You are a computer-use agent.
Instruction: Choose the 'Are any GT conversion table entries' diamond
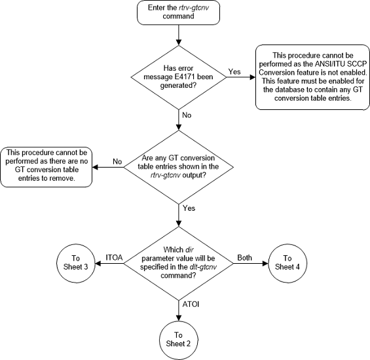(179, 168)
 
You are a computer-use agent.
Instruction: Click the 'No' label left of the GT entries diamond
(117, 160)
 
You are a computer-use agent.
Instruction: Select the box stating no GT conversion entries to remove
(46, 168)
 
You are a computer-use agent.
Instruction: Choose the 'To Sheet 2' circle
(179, 337)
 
